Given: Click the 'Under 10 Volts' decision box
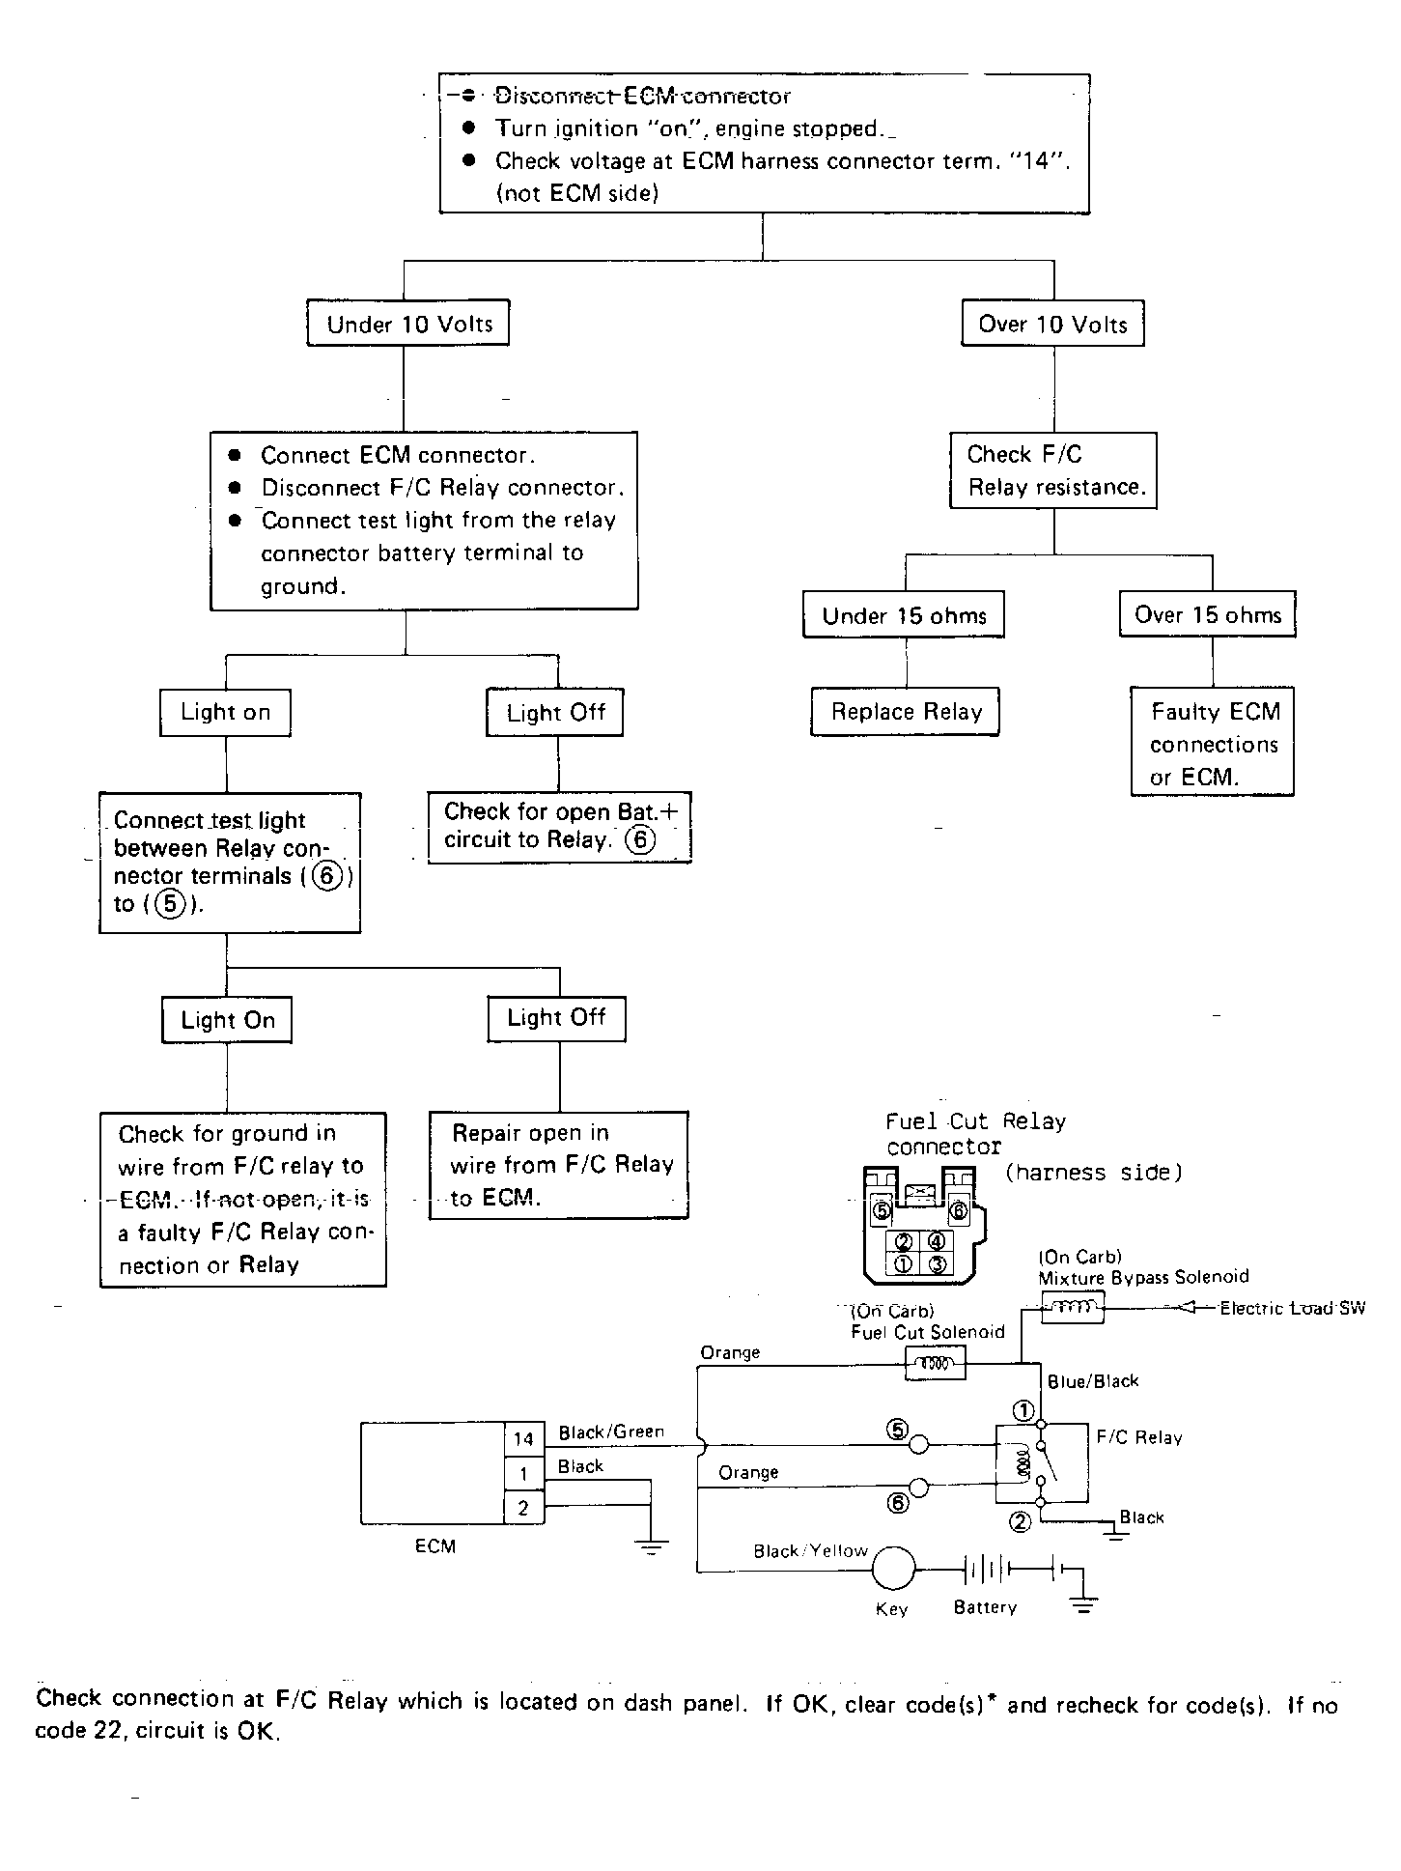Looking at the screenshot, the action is pyautogui.click(x=407, y=323).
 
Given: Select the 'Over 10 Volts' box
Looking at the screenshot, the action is pyautogui.click(x=1052, y=323).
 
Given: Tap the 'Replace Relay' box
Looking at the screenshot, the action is pyautogui.click(x=906, y=712).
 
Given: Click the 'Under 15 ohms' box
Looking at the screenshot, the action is pyautogui.click(x=904, y=615).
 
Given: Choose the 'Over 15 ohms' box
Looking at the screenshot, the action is pyautogui.click(x=1208, y=614).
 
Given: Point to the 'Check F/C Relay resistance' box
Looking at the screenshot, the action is pyautogui.click(x=1053, y=470).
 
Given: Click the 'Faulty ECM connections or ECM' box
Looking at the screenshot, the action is pyautogui.click(x=1213, y=741).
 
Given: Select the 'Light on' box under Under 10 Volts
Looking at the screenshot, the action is pyautogui.click(x=225, y=713).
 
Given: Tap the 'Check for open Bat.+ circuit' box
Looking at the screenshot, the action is pyautogui.click(x=560, y=828).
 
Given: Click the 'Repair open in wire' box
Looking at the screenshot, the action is pyautogui.click(x=559, y=1165).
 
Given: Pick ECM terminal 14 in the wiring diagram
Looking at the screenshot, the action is pyautogui.click(x=524, y=1438).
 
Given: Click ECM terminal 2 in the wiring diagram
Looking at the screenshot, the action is pyautogui.click(x=524, y=1507).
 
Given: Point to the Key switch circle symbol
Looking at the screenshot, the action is pyautogui.click(x=893, y=1569).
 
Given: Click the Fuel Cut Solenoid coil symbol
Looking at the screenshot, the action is pyautogui.click(x=935, y=1364).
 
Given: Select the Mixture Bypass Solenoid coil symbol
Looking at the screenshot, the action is pyautogui.click(x=1073, y=1308).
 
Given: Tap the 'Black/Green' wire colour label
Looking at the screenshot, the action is pyautogui.click(x=611, y=1432).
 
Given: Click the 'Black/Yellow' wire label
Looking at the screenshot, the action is pyautogui.click(x=810, y=1550).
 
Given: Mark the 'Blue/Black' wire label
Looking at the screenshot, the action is pyautogui.click(x=1093, y=1381).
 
